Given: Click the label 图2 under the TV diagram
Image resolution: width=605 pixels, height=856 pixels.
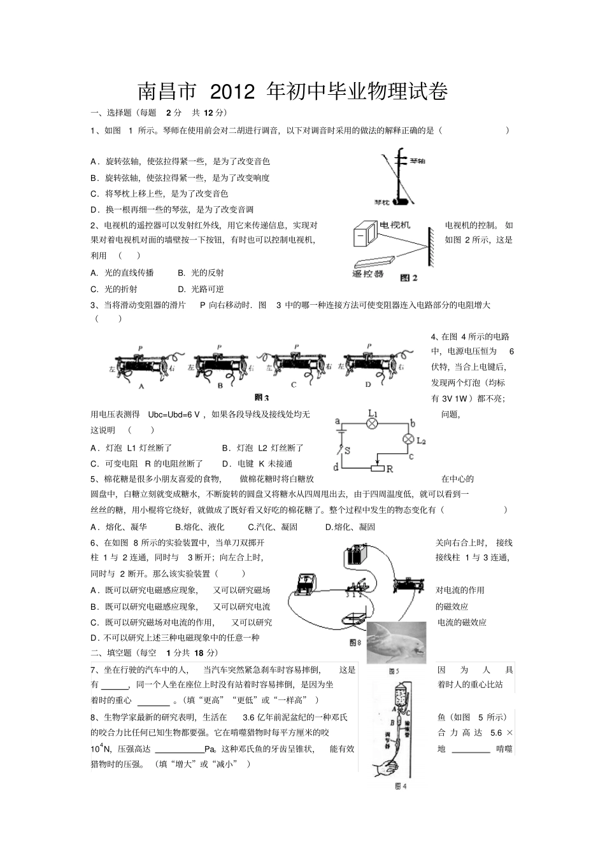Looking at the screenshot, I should [x=408, y=277].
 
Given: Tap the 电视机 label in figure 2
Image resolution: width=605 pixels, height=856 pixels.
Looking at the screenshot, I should [x=395, y=225].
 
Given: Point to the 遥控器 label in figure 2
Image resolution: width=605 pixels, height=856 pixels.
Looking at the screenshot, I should [x=367, y=274].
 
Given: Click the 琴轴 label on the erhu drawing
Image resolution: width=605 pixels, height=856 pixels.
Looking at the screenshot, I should [x=418, y=162].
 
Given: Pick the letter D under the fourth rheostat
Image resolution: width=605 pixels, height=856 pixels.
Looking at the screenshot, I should [x=367, y=385].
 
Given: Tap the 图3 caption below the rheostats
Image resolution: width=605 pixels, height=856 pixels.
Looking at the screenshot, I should [x=262, y=398].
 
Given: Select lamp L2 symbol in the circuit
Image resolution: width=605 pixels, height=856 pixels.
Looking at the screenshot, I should [x=408, y=439].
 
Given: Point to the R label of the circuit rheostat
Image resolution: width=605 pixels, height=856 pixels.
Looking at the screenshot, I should [x=389, y=470].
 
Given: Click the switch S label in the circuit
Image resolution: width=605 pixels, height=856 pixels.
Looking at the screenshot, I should [x=347, y=450].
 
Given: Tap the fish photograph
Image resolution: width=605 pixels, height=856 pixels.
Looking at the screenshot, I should [x=396, y=642].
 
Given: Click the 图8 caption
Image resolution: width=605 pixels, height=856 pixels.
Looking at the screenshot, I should [x=355, y=643].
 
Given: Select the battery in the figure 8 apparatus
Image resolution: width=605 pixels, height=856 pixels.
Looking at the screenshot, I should [x=355, y=556].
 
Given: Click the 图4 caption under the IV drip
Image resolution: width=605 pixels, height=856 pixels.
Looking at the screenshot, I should [x=400, y=787].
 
